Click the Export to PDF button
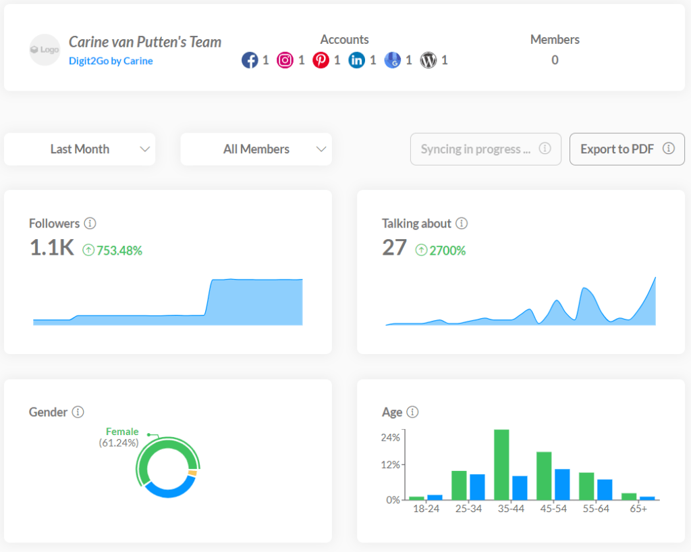click(627, 149)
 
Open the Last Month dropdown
click(80, 149)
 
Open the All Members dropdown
click(256, 149)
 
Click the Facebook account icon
click(250, 61)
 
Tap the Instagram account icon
click(285, 61)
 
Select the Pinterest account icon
click(321, 61)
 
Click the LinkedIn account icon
click(357, 61)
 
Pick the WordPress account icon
click(429, 61)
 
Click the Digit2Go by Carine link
click(111, 61)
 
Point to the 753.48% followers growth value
click(119, 251)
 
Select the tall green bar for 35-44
click(501, 464)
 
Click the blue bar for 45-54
click(562, 484)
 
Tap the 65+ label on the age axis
click(638, 509)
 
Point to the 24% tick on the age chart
click(390, 438)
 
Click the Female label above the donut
click(122, 432)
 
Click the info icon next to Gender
click(78, 412)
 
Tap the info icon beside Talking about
click(462, 224)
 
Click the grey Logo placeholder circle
click(45, 50)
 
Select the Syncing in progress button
click(485, 149)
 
